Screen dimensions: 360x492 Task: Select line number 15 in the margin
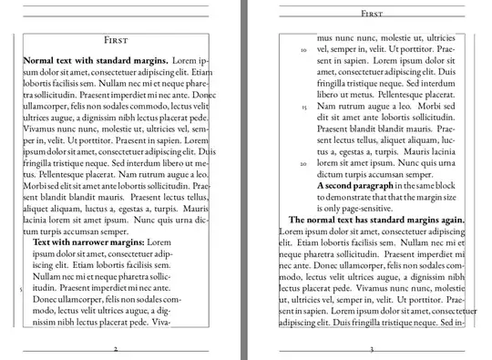pos(302,107)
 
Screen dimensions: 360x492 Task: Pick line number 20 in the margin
pos(302,164)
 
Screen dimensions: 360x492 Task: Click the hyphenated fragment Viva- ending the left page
pos(160,322)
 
